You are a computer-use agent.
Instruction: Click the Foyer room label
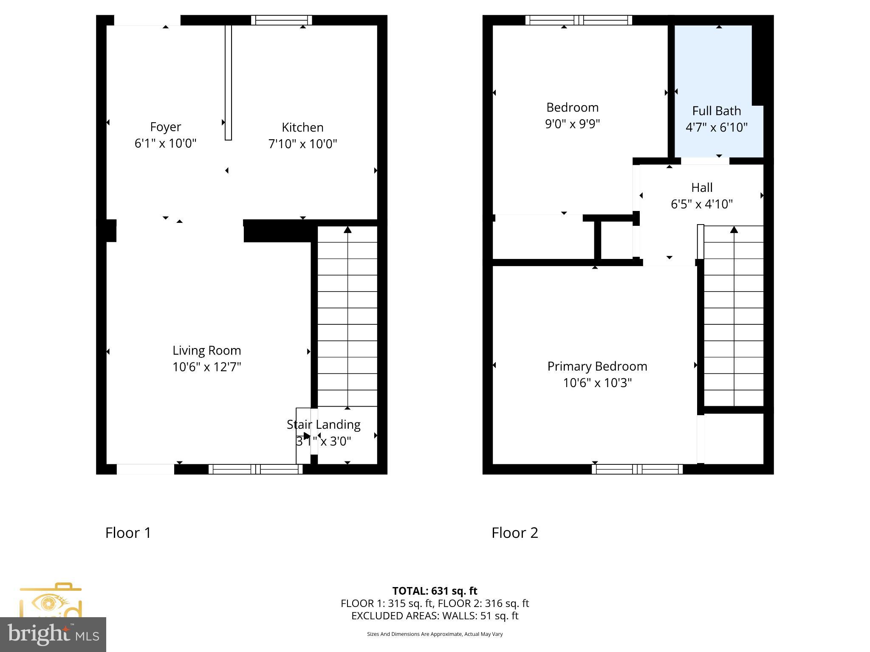pos(165,127)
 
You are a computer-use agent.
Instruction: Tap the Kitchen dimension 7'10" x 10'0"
pos(302,144)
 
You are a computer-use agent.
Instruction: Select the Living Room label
pos(206,351)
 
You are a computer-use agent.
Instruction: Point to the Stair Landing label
pos(323,424)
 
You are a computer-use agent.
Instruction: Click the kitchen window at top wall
pos(281,20)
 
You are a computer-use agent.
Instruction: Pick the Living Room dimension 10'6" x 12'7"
pos(206,367)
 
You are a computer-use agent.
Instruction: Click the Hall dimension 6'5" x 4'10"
pos(701,204)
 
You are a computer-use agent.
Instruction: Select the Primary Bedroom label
pos(597,366)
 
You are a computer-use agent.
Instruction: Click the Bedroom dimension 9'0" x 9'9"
pos(572,124)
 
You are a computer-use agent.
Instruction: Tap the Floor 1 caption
pos(128,533)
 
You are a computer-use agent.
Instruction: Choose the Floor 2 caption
pos(514,533)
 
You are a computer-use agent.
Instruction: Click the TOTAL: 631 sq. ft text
pos(435,591)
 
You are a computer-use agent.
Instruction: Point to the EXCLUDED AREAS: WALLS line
pos(435,615)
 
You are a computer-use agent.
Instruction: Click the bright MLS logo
pos(53,634)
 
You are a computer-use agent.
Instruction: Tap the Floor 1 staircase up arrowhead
pos(347,230)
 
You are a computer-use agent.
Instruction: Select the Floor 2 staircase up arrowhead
pos(734,230)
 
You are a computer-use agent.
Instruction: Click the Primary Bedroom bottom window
pos(637,469)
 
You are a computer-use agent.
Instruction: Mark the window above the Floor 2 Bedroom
pos(578,20)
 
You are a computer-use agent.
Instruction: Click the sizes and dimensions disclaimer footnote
pos(435,634)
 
